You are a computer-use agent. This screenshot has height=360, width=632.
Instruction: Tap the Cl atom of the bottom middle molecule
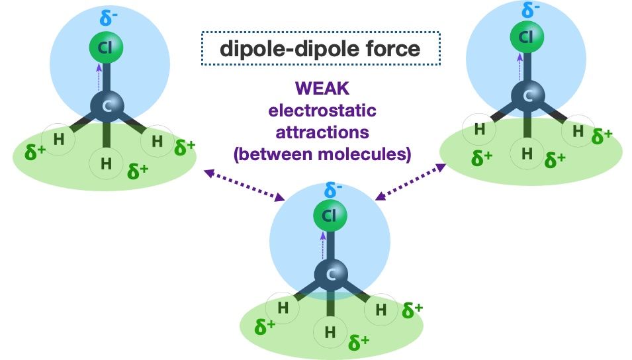tap(330, 216)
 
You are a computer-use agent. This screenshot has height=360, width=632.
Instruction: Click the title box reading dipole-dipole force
tap(320, 48)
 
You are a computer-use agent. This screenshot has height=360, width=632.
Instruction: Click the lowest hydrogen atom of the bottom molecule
tap(330, 331)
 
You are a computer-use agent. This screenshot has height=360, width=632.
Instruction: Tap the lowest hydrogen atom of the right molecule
tap(527, 154)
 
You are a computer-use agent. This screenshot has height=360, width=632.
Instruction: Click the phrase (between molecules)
tap(322, 154)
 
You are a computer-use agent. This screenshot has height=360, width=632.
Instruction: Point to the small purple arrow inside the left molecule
tap(99, 76)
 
